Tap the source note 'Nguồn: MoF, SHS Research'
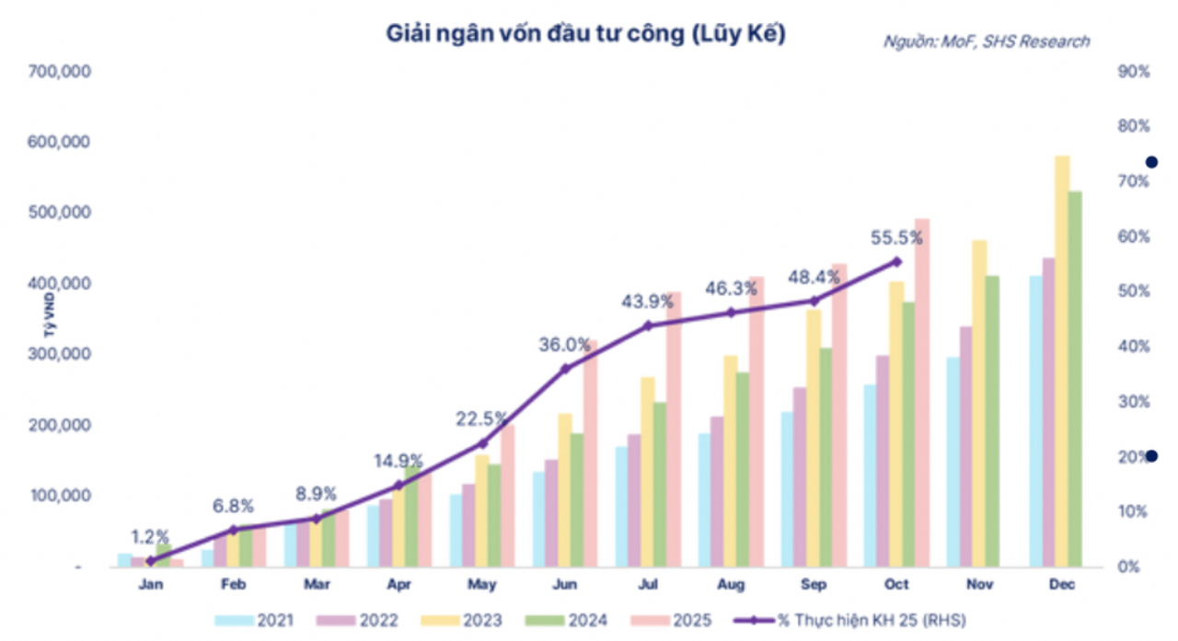[987, 41]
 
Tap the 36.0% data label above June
[565, 345]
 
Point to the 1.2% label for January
[150, 535]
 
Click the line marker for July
[648, 326]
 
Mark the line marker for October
[897, 261]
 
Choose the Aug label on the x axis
[731, 585]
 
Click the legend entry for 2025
[681, 620]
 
